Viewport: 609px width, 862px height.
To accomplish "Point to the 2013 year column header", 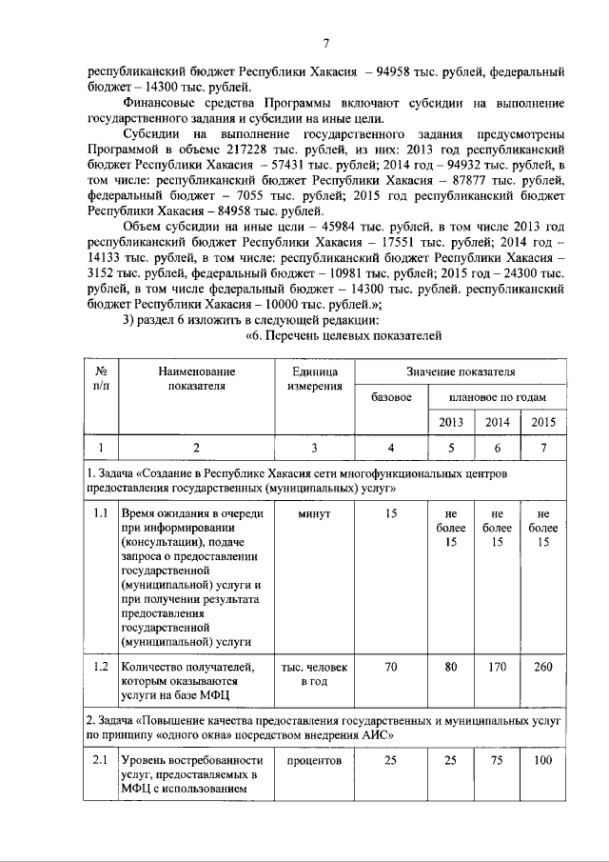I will coord(452,422).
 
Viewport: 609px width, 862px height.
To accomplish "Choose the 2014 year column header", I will coord(498,422).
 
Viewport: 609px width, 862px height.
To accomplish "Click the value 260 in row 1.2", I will coord(543,667).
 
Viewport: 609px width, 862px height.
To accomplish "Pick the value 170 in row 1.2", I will coord(498,667).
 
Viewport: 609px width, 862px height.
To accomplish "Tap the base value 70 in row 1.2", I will coord(390,667).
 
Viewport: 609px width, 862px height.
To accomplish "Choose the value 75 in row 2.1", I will coord(498,762).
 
